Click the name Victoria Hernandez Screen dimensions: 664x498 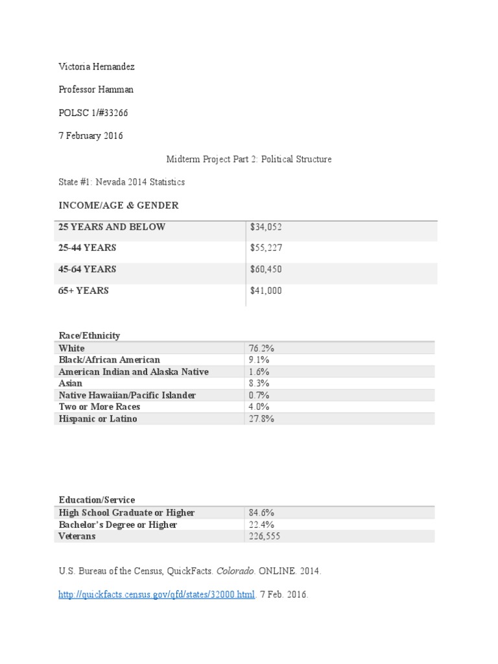click(97, 67)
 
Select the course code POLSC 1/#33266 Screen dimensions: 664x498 click(93, 113)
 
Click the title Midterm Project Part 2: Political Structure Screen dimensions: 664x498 click(249, 159)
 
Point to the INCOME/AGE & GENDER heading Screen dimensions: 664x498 click(118, 206)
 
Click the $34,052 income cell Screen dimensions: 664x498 click(266, 227)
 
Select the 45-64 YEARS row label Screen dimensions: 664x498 click(88, 269)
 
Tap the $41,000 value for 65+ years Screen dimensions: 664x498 click(266, 290)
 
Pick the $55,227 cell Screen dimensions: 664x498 click(266, 248)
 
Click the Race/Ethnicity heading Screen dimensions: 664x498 click(89, 335)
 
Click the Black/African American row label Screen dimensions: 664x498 click(109, 360)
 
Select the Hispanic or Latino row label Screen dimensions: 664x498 click(98, 419)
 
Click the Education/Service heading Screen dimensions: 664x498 click(97, 500)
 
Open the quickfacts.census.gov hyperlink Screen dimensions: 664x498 click(156, 594)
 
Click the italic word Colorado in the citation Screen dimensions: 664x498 click(236, 571)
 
